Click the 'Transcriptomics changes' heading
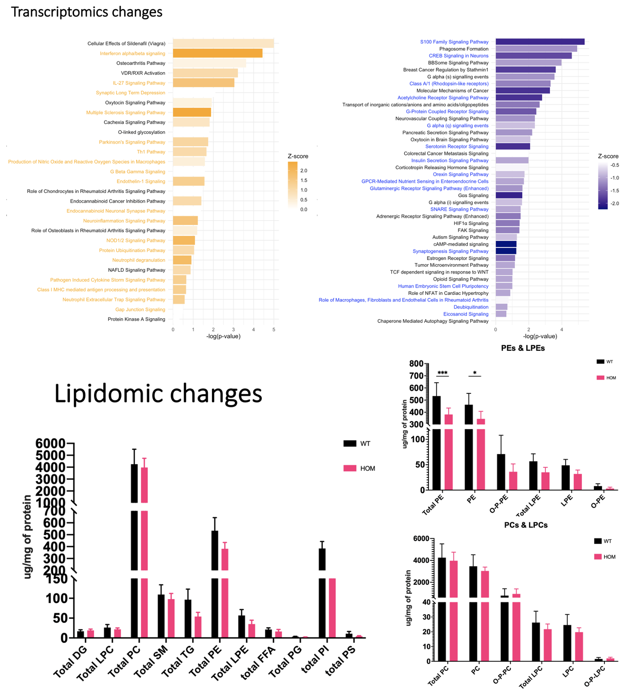[x=86, y=12]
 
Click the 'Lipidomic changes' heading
[x=158, y=394]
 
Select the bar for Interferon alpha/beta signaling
[x=217, y=54]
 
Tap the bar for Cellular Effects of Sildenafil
[x=223, y=43]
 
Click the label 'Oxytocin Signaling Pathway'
[x=135, y=103]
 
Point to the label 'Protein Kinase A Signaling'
[x=137, y=319]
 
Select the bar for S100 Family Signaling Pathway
[x=540, y=42]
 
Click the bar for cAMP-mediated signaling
[x=506, y=244]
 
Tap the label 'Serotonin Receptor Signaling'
[x=457, y=147]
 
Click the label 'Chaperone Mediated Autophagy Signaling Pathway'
[x=433, y=321]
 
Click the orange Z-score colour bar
[x=292, y=185]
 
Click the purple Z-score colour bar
[x=603, y=185]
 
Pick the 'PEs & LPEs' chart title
[x=523, y=348]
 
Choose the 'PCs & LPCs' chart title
[x=526, y=525]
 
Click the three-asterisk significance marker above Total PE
[x=442, y=373]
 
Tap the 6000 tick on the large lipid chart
[x=50, y=444]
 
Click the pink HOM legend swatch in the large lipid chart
[x=350, y=468]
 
